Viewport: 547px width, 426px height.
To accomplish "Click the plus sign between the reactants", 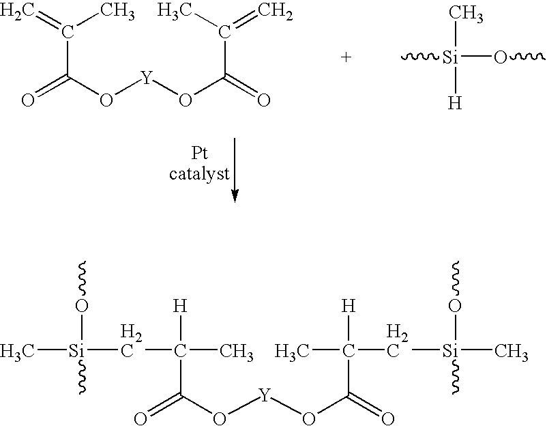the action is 346,57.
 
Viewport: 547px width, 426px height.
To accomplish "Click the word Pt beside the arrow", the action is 200,153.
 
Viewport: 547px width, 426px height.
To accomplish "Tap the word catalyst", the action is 199,173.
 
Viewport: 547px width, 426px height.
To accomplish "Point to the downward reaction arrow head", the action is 235,195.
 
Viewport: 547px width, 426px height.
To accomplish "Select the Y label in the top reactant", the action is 147,78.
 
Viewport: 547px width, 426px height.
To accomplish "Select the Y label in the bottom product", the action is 265,395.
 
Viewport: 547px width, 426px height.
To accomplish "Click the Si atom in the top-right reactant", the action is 450,57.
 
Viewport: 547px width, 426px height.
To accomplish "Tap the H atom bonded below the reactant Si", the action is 455,102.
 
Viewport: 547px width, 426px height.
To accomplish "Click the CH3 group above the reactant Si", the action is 466,13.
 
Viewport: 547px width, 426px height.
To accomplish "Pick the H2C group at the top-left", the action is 17,10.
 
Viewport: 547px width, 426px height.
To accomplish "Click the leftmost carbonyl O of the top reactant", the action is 28,100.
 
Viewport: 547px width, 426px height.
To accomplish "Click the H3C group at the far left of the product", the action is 17,351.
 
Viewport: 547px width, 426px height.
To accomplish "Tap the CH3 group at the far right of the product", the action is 511,351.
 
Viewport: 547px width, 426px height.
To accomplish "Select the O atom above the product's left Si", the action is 82,306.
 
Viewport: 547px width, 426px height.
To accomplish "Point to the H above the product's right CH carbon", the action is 349,306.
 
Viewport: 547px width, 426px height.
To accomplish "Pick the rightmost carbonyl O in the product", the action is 387,418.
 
